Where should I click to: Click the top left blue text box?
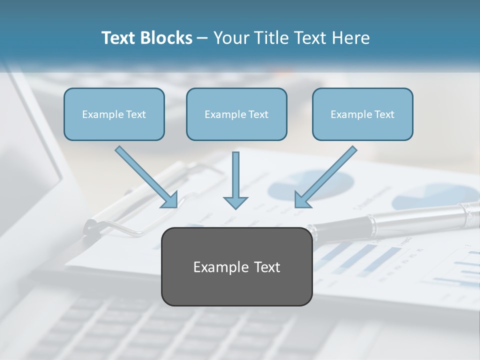114,114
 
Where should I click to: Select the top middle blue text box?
236,114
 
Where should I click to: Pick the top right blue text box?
362,114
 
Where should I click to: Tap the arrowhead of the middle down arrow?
235,202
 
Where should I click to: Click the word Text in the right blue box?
384,114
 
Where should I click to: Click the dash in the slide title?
202,38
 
